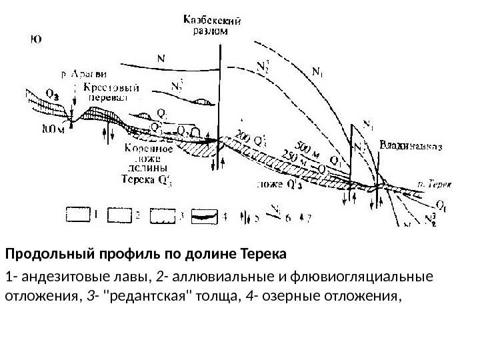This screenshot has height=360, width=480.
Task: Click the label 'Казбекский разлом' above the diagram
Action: (x=213, y=25)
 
